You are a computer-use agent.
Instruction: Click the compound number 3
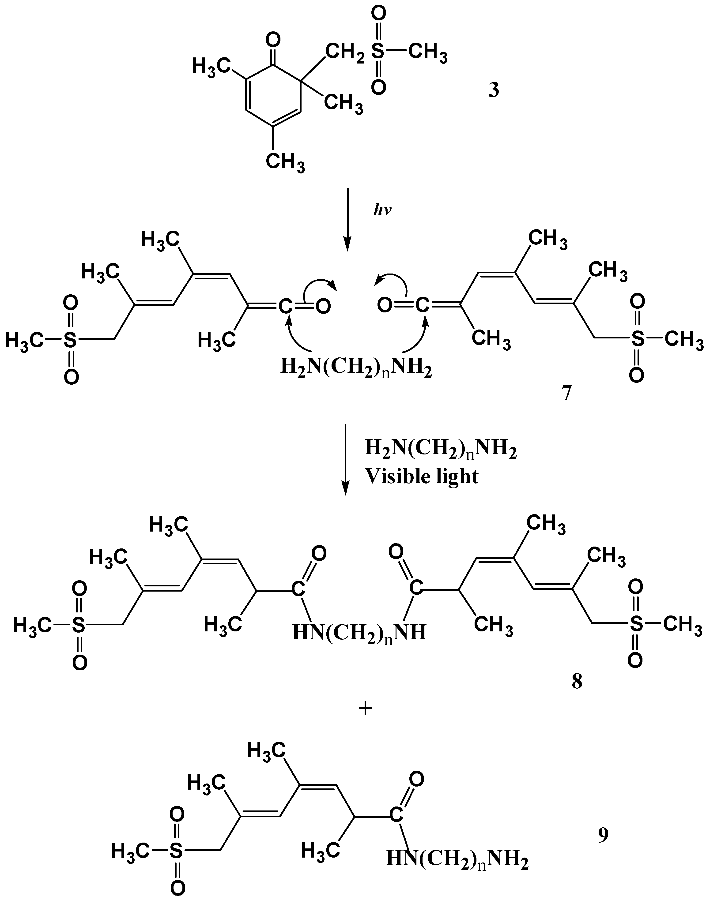pyautogui.click(x=493, y=90)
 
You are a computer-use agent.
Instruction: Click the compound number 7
pyautogui.click(x=566, y=393)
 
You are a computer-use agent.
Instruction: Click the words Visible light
pyautogui.click(x=422, y=476)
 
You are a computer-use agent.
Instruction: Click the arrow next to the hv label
pyautogui.click(x=347, y=219)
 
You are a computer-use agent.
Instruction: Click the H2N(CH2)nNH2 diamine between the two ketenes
pyautogui.click(x=356, y=367)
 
